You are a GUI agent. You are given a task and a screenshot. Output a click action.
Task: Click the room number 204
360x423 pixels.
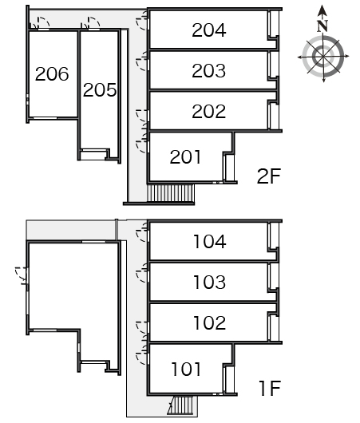(209, 30)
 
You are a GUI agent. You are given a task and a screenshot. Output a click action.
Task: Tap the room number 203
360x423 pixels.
(209, 71)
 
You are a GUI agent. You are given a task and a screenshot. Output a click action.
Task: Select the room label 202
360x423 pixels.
(209, 112)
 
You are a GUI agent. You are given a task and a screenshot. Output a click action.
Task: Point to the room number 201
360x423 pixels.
(185, 157)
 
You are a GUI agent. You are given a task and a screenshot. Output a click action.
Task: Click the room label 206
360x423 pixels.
(52, 74)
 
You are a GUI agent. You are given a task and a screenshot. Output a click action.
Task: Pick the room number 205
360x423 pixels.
(100, 90)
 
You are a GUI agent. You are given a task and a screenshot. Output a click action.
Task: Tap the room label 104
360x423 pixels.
(210, 242)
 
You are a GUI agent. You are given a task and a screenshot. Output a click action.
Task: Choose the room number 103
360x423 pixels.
(210, 283)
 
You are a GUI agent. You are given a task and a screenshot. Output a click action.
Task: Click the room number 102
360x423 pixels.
(210, 322)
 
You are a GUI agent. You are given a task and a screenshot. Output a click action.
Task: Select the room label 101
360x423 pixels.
(186, 369)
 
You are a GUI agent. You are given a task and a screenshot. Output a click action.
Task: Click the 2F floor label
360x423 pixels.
(269, 176)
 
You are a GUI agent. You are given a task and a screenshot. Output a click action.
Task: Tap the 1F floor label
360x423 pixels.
(270, 388)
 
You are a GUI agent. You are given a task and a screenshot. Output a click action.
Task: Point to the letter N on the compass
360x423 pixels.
(322, 26)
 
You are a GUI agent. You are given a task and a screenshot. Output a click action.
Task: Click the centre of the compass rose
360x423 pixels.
(323, 57)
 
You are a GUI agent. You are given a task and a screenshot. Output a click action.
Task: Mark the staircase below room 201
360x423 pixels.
(171, 192)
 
